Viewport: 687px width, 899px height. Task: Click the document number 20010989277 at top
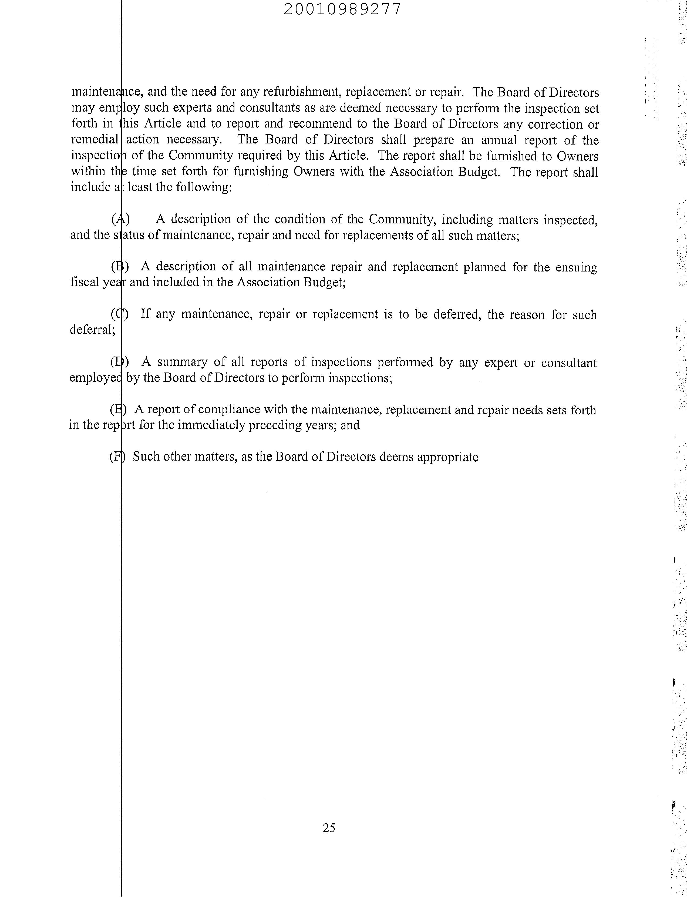pos(342,9)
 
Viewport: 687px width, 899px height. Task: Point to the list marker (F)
pos(117,457)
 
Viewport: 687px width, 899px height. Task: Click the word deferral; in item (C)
pos(92,329)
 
